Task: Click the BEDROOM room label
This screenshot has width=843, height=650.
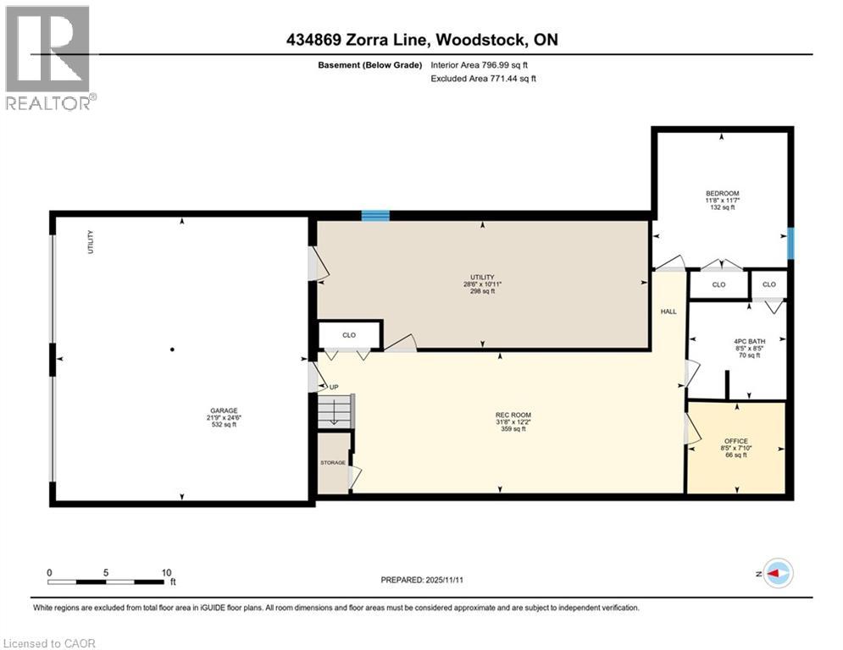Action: (x=722, y=193)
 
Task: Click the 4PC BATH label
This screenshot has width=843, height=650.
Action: (x=748, y=340)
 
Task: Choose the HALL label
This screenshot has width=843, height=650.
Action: (x=668, y=311)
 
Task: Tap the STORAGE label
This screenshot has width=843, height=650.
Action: (x=332, y=463)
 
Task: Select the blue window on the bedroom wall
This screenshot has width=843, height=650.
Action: (x=790, y=244)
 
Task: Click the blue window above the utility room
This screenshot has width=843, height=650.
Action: (x=375, y=216)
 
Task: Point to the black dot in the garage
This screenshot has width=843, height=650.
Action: (x=172, y=350)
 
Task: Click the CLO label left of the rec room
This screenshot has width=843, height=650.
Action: (x=349, y=335)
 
